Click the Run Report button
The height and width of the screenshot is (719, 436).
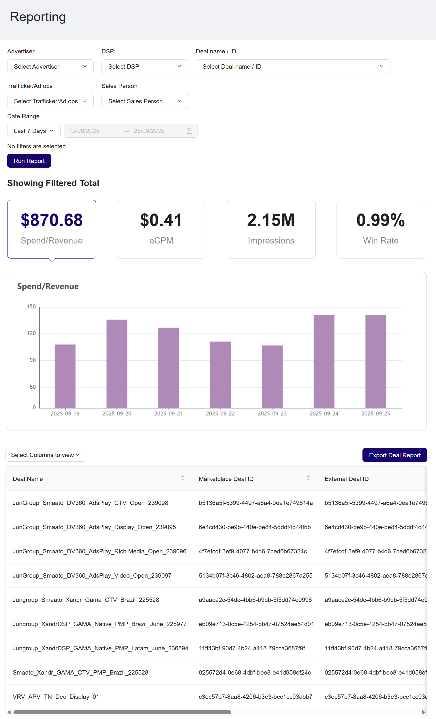[x=29, y=161]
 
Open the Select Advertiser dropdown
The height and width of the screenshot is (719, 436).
[x=50, y=67]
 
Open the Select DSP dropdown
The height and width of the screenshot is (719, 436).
[x=144, y=67]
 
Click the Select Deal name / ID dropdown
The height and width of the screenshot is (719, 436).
[x=292, y=67]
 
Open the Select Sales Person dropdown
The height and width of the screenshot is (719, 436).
[x=144, y=101]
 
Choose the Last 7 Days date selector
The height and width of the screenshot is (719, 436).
[x=33, y=131]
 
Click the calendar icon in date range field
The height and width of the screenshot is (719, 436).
[x=189, y=131]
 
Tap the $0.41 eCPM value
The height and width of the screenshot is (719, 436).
[x=161, y=220]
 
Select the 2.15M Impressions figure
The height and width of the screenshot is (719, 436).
[x=271, y=220]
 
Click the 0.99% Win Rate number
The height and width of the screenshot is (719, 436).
[x=380, y=220]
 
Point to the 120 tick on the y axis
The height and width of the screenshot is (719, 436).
[x=31, y=333]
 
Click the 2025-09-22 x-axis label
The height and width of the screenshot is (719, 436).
[x=220, y=413]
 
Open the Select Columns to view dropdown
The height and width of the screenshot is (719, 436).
[x=45, y=455]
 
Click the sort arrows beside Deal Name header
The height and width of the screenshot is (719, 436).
[x=182, y=478]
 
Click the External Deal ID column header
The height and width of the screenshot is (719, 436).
[x=347, y=479]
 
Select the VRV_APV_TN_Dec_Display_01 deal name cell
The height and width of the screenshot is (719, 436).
[x=56, y=697]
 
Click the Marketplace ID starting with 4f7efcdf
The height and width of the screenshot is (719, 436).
[x=253, y=551]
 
